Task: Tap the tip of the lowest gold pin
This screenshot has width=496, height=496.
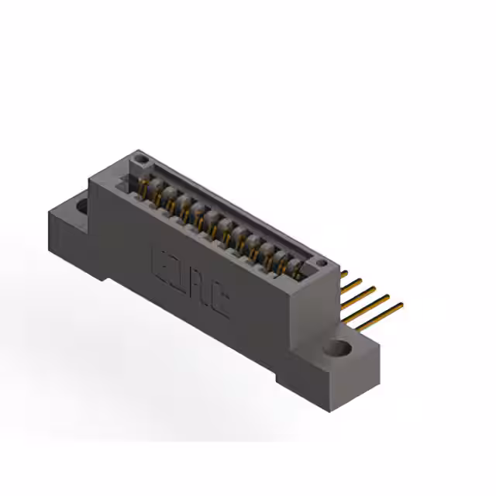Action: coord(401,306)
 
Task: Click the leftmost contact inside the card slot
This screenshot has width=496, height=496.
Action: coord(144,185)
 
